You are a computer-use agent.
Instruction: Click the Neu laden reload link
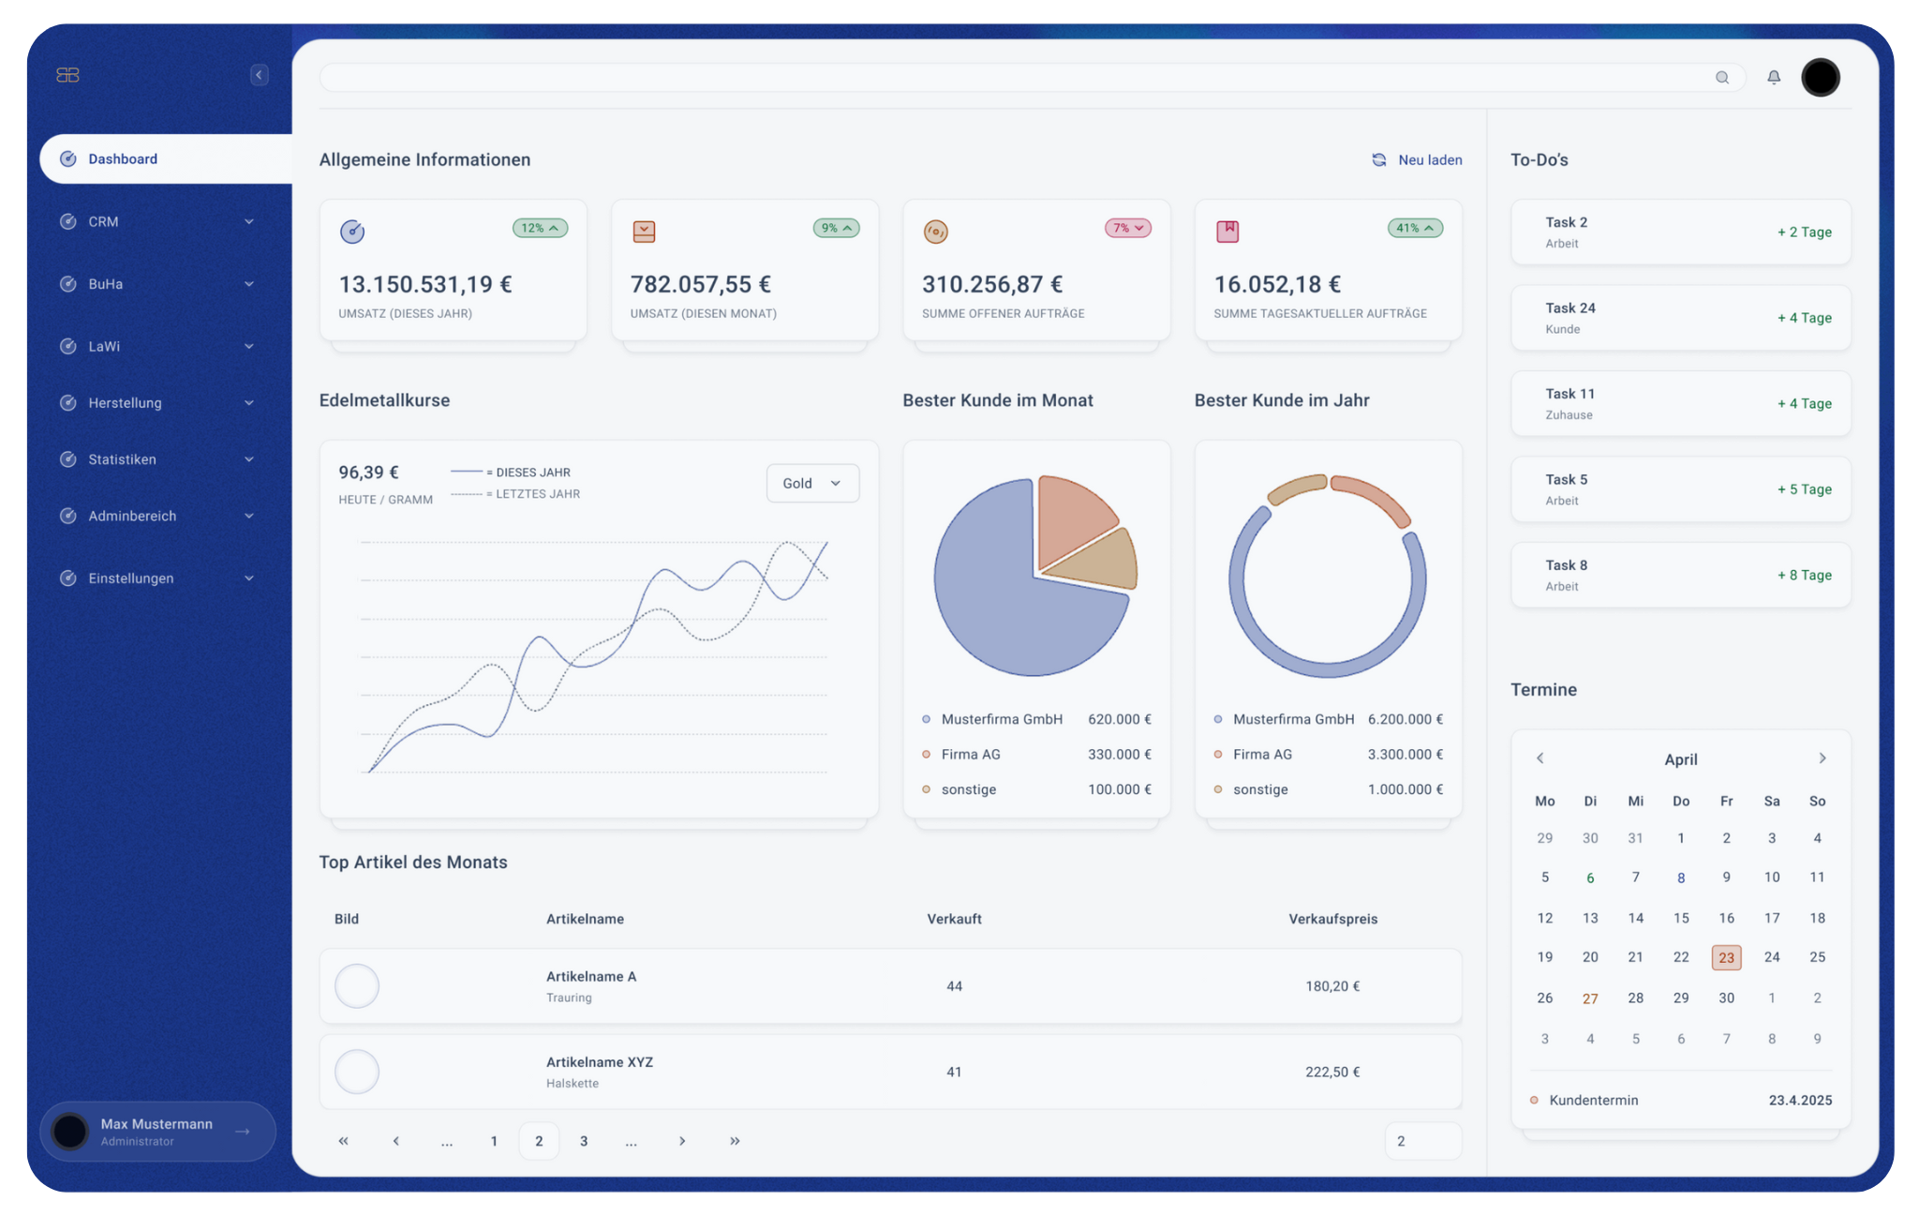coord(1418,160)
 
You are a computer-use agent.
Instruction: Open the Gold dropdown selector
coord(812,484)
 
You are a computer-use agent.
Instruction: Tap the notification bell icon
coord(1773,78)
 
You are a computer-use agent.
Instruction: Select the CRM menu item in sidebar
coord(103,222)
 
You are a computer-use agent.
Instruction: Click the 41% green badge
coord(1414,229)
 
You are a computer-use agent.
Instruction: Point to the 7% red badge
coord(1126,229)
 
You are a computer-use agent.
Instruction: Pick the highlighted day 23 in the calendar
coord(1726,957)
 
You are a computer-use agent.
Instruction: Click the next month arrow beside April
coord(1822,758)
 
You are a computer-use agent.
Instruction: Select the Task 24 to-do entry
coord(1680,318)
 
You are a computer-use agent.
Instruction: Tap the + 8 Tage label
coord(1804,576)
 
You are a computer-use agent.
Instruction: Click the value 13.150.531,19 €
coord(424,284)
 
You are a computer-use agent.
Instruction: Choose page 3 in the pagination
coord(584,1141)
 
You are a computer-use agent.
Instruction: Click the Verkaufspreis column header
coord(1332,920)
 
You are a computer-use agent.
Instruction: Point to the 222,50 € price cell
coord(1332,1073)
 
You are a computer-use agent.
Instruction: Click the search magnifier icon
coord(1721,78)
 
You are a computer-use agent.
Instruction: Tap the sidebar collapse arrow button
coord(260,75)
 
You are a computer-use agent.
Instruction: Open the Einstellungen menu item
coord(131,578)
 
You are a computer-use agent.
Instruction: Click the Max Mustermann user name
coord(156,1124)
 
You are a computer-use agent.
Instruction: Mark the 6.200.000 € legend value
coord(1405,720)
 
